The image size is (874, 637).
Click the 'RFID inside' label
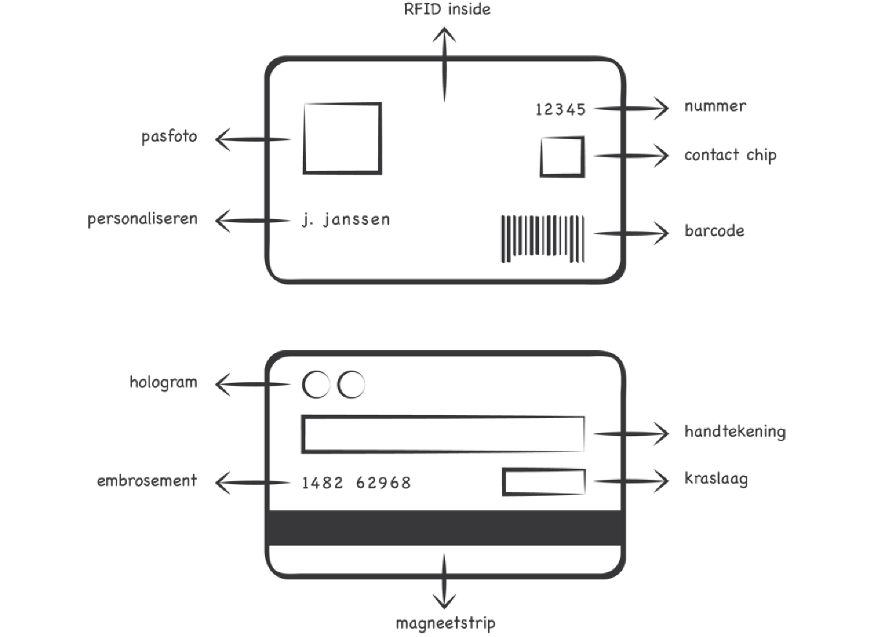point(447,10)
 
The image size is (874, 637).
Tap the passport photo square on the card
point(342,138)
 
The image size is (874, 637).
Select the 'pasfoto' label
point(170,137)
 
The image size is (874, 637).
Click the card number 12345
point(560,110)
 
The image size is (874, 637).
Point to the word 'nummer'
point(714,106)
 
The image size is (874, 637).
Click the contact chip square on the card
point(562,157)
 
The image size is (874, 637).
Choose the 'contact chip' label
point(730,155)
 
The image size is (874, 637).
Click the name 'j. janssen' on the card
point(346,219)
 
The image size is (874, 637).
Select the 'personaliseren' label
point(143,219)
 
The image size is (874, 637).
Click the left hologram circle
point(316,385)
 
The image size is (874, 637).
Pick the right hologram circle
point(351,385)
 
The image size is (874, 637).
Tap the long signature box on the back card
point(443,434)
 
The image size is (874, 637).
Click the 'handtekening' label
point(735,431)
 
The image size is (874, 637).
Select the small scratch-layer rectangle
point(543,483)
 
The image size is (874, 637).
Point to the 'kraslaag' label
point(716,479)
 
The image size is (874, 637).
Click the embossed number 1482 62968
point(356,483)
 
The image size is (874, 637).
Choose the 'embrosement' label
point(147,480)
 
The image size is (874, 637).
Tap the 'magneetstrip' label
point(446,623)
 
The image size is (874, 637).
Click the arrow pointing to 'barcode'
point(631,233)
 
